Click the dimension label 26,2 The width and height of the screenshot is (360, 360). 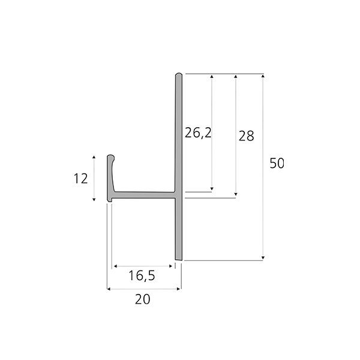click(198, 133)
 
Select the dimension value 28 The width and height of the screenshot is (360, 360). click(247, 136)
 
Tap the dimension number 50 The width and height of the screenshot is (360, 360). click(277, 163)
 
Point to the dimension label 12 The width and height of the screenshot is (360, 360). click(80, 178)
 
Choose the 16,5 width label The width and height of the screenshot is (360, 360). click(142, 275)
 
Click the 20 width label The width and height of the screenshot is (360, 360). click(143, 299)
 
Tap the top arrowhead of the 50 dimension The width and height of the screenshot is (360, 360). click(263, 76)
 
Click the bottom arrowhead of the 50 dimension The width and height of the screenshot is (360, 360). click(263, 258)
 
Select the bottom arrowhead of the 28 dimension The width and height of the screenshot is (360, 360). click(236, 194)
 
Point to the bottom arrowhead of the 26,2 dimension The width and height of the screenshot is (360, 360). click(212, 188)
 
